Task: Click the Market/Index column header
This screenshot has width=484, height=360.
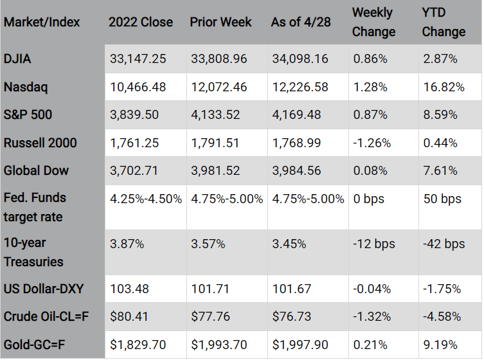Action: tap(42, 22)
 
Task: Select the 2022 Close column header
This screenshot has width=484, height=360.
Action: tap(141, 22)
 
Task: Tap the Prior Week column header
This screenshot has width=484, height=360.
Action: tap(220, 22)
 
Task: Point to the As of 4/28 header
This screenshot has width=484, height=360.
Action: tap(301, 22)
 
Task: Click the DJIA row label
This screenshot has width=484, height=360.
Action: tap(17, 59)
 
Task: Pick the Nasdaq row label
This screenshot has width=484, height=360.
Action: tap(26, 87)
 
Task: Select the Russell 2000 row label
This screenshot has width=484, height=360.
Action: tap(40, 143)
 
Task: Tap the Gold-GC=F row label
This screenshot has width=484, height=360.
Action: tap(34, 345)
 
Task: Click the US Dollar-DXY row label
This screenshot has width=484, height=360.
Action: tap(44, 289)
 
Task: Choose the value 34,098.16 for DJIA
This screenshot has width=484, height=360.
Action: tap(300, 59)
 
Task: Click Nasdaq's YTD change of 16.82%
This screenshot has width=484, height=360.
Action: tap(444, 87)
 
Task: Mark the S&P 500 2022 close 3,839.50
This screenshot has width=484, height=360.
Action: tap(134, 115)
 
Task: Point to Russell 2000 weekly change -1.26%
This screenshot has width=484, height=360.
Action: tap(372, 143)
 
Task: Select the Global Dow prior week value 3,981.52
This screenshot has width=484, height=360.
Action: tap(215, 171)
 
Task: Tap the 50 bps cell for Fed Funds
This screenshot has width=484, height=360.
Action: tap(442, 199)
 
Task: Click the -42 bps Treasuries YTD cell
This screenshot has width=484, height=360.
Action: tap(444, 244)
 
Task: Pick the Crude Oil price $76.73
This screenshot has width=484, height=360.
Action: tap(292, 317)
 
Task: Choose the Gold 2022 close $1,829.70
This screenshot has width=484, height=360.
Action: tap(138, 345)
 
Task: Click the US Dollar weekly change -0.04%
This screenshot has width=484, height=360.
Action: tap(372, 289)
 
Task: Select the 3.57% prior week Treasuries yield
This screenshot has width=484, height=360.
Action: tap(208, 244)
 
